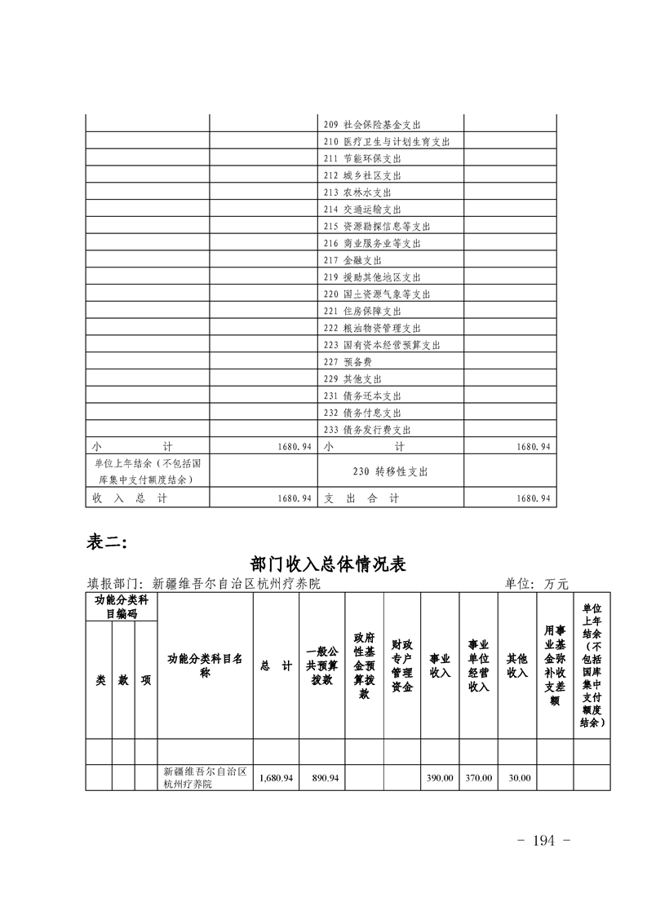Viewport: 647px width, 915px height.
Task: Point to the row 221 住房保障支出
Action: click(362, 312)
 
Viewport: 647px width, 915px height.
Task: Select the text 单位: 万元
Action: click(536, 584)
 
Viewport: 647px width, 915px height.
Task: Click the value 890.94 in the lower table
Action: click(325, 778)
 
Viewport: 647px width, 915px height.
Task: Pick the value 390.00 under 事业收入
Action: click(440, 778)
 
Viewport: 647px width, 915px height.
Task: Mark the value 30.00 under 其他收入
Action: click(518, 778)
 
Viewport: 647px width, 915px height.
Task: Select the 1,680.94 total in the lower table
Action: click(276, 778)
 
